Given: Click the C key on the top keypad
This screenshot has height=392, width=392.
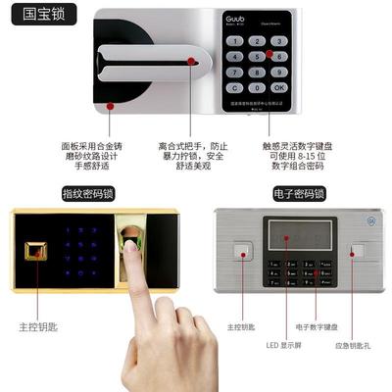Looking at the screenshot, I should click(235, 85).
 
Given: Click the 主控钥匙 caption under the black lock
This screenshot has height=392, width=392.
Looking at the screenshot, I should click(39, 326).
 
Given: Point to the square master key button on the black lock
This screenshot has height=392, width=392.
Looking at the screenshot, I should click(36, 251).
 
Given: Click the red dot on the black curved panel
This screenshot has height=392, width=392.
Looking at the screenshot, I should click(110, 105).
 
